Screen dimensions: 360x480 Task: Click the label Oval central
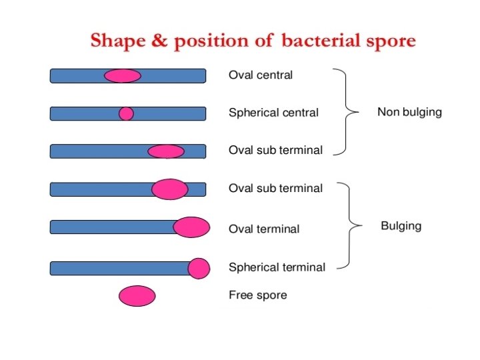point(260,75)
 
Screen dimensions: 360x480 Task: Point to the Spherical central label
point(273,113)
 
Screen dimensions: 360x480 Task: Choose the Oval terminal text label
point(263,229)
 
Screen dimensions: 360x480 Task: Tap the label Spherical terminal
point(277,267)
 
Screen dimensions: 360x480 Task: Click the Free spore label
point(257,295)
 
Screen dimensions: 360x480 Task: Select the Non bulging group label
point(409,112)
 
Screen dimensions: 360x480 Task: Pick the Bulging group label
point(401,225)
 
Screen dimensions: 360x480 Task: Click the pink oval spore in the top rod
point(123,75)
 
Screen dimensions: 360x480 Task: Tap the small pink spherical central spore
point(126,113)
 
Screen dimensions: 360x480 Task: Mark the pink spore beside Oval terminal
point(192,227)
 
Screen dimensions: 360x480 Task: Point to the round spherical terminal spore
point(199,268)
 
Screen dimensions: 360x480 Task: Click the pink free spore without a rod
point(137,295)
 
